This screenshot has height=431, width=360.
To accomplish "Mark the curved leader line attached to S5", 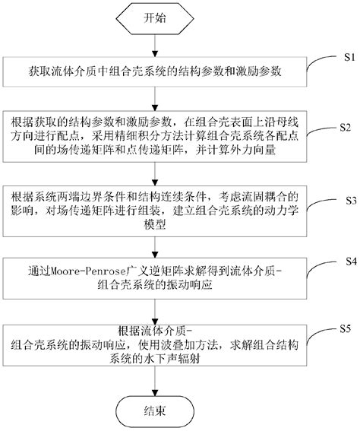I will click(323, 333).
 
